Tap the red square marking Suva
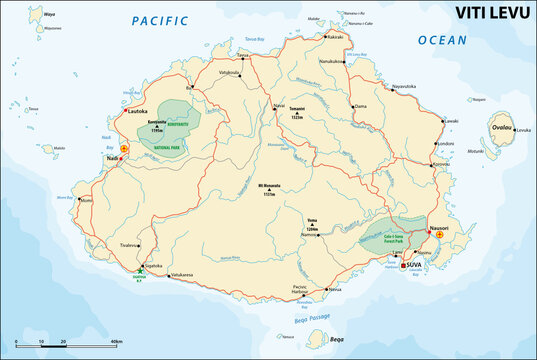click(x=403, y=266)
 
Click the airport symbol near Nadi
click(x=124, y=147)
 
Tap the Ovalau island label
click(x=500, y=128)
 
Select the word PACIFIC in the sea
click(x=158, y=20)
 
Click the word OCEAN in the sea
click(x=441, y=40)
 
